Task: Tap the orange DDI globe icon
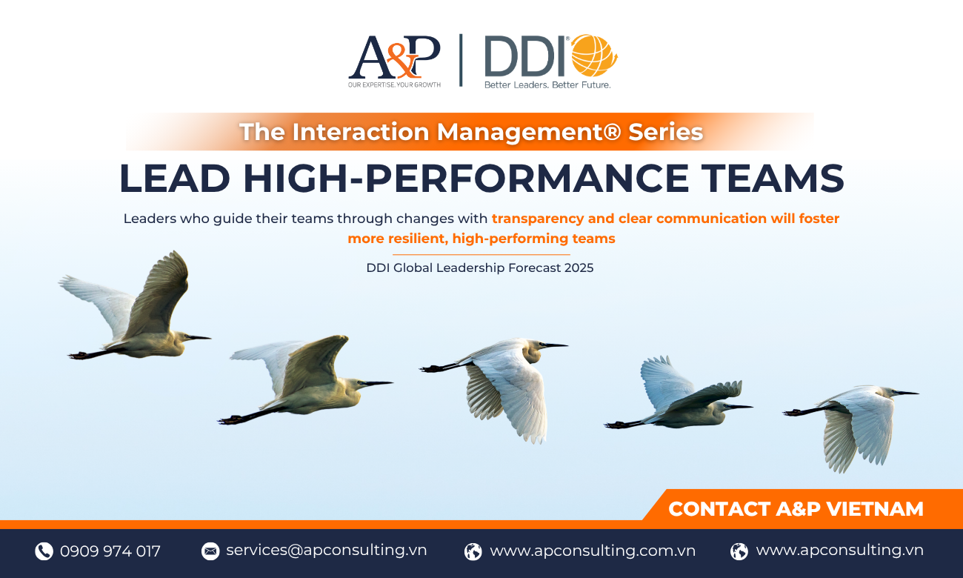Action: [593, 56]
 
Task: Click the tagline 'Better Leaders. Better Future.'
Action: [547, 84]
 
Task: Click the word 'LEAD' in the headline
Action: [175, 178]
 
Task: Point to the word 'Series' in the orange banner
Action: [665, 132]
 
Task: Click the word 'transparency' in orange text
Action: [537, 219]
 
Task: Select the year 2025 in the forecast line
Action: [579, 268]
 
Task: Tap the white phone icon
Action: [44, 551]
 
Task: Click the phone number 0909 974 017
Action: [110, 551]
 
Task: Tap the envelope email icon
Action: [210, 551]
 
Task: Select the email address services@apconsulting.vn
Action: [326, 550]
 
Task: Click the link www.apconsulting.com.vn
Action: [593, 551]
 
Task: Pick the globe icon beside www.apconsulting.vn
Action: [739, 551]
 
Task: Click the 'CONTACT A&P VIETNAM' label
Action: [796, 509]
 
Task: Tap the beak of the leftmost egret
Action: [199, 338]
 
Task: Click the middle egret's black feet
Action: [431, 368]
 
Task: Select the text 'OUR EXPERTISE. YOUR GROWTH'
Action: [394, 84]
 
